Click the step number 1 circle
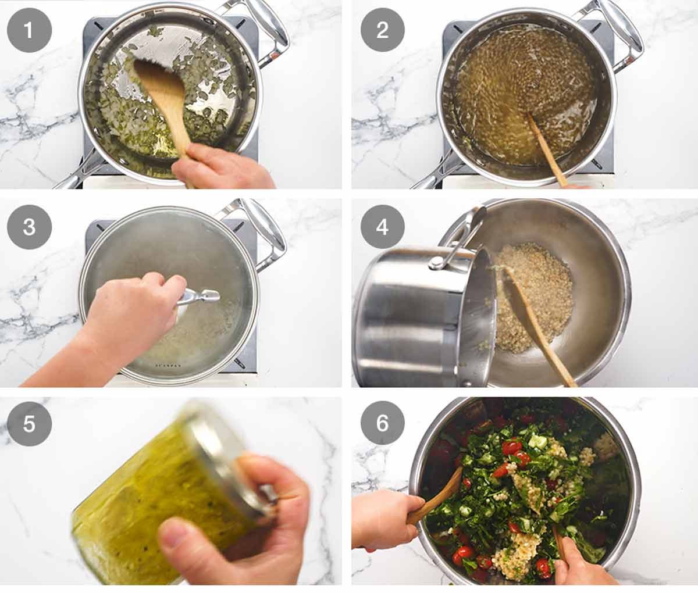click(29, 30)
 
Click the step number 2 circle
click(382, 30)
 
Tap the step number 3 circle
click(29, 227)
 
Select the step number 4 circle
click(382, 227)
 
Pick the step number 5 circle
click(29, 423)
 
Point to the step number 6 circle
click(382, 423)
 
